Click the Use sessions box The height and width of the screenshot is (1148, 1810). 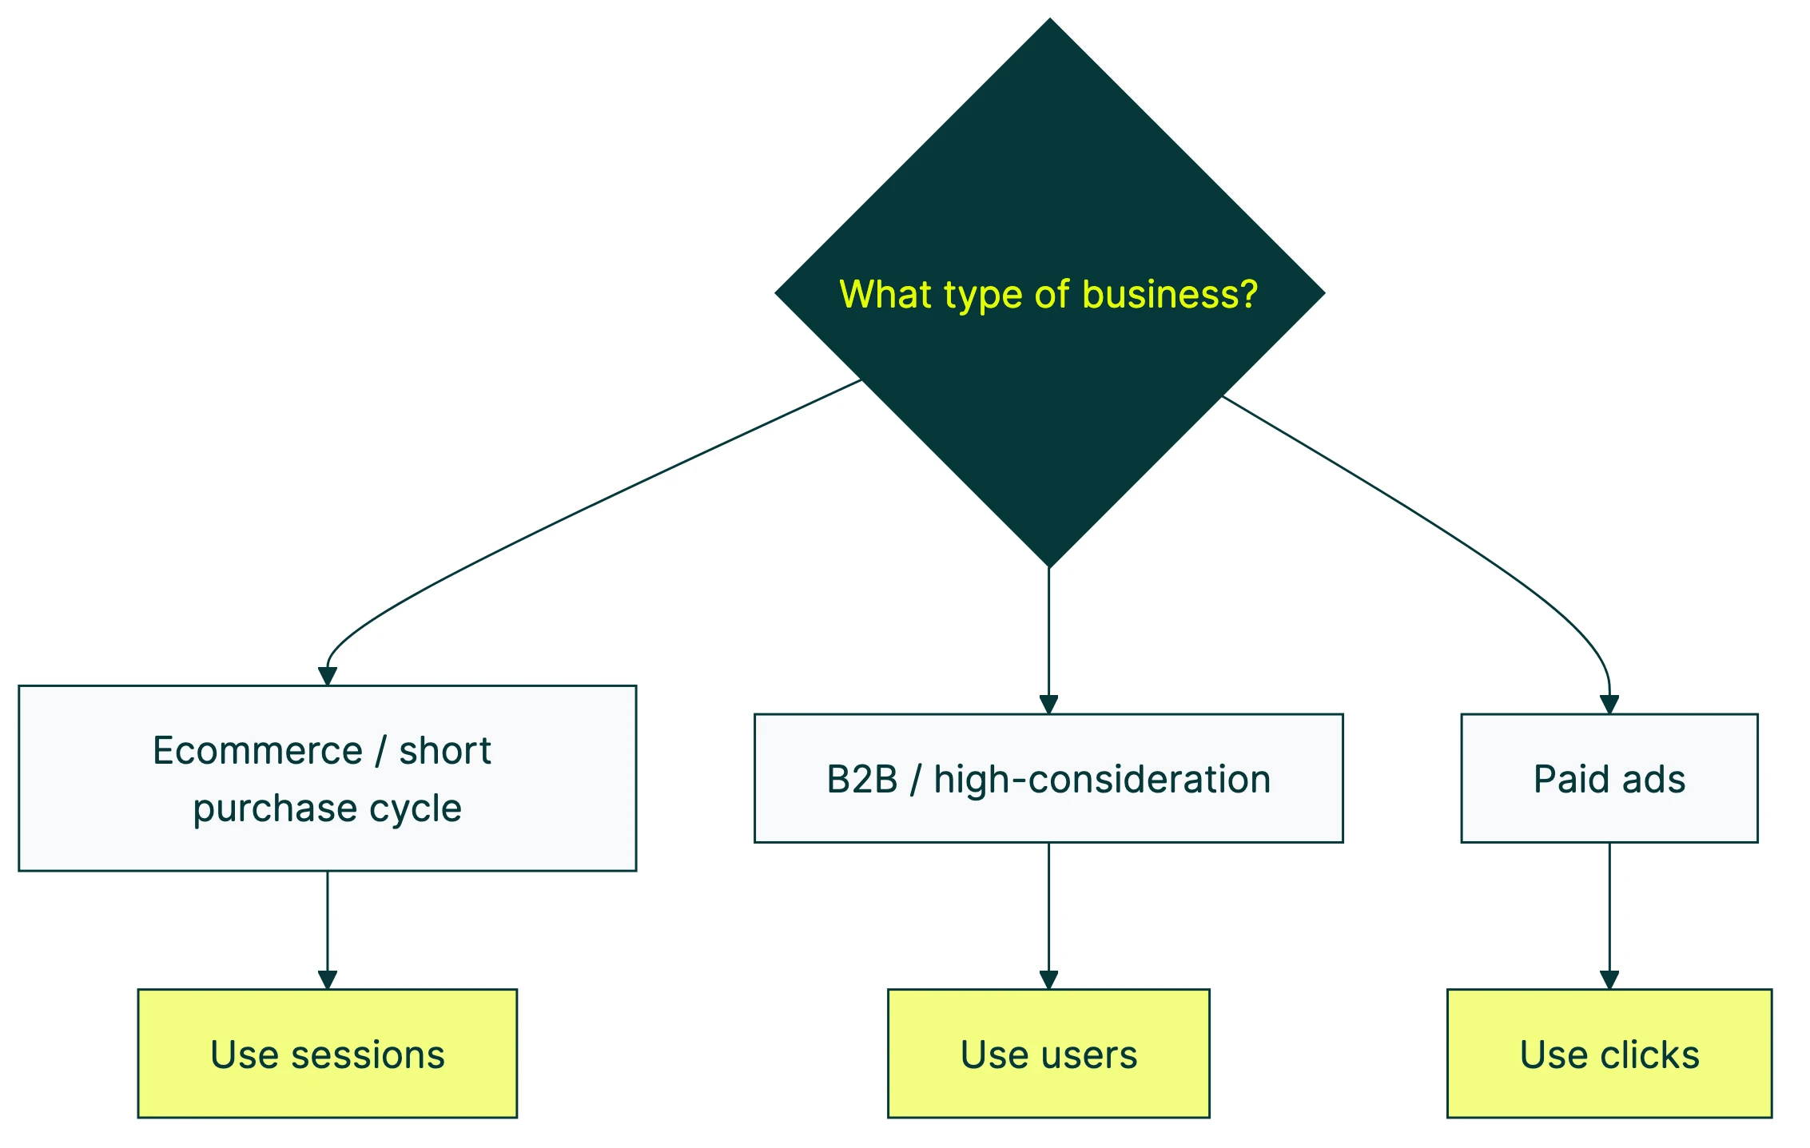tap(327, 1053)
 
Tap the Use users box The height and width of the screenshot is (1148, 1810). tap(1048, 1053)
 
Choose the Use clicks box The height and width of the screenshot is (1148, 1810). tap(1609, 1053)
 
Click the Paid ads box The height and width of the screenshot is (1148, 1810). tap(1609, 778)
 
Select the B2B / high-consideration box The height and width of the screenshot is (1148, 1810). tap(1048, 778)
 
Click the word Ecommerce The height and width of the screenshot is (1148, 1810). tap(257, 751)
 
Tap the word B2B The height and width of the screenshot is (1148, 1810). tap(862, 780)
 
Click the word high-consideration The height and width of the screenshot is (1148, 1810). tap(1102, 780)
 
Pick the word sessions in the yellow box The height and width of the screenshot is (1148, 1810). tap(368, 1055)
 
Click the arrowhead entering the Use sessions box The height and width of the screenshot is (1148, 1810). tap(327, 980)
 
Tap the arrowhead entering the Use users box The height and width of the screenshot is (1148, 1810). tap(1048, 980)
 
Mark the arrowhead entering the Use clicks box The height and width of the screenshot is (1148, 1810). tap(1609, 980)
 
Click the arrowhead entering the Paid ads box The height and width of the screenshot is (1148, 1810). tap(1609, 705)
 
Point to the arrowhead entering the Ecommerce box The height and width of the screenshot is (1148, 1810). tap(327, 676)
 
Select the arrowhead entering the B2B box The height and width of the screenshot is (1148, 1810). tap(1048, 705)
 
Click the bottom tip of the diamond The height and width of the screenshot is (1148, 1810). tap(1049, 566)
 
